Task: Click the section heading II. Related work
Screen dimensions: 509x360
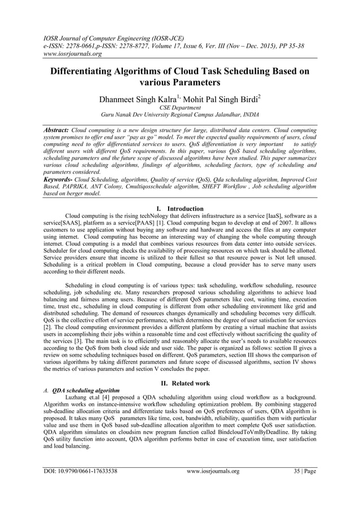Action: coord(179,383)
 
